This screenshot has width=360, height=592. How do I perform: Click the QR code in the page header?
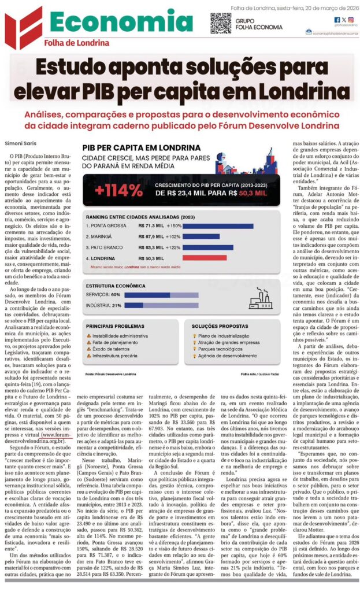point(220,23)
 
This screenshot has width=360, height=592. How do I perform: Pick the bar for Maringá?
point(201,236)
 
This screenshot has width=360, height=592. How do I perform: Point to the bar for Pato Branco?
point(207,247)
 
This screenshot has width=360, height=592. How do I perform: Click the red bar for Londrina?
point(196,257)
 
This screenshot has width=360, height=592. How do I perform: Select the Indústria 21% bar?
point(134,305)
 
